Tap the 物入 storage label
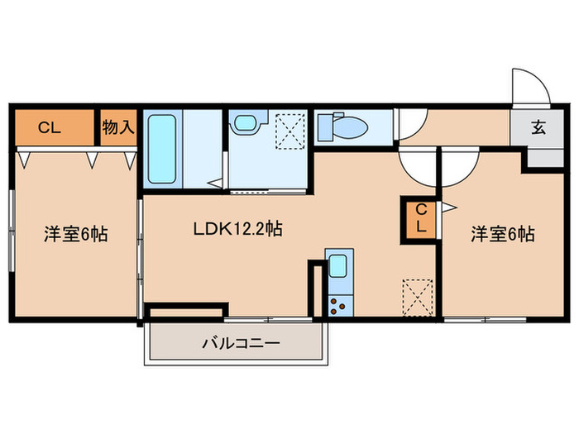(118, 127)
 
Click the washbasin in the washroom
(246, 125)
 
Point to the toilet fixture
(341, 128)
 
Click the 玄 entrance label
(538, 128)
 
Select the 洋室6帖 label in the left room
(74, 234)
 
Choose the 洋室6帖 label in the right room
(502, 234)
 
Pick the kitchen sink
(338, 267)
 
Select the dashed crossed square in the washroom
(289, 131)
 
